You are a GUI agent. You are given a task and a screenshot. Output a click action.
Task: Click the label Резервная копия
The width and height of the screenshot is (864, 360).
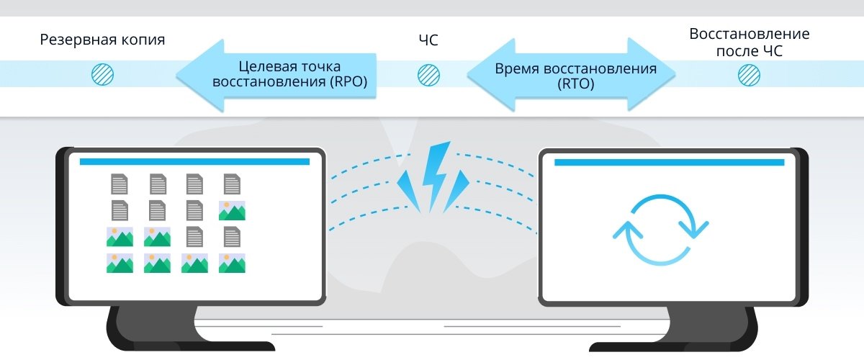click(102, 40)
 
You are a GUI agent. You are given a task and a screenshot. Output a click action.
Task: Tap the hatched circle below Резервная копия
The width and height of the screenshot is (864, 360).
click(102, 73)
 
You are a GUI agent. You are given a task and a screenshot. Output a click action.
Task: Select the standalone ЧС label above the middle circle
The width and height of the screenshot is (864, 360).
click(428, 40)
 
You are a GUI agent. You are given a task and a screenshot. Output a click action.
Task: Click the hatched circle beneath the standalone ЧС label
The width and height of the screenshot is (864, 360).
click(428, 73)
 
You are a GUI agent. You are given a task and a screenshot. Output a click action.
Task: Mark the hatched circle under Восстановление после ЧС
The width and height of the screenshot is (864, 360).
click(749, 73)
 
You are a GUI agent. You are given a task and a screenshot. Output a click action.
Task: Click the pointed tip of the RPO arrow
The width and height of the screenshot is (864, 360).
click(180, 74)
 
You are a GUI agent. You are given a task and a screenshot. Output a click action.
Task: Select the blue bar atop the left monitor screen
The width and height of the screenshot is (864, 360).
click(194, 161)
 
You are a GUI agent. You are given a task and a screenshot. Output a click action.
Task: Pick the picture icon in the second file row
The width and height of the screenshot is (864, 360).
click(232, 210)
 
